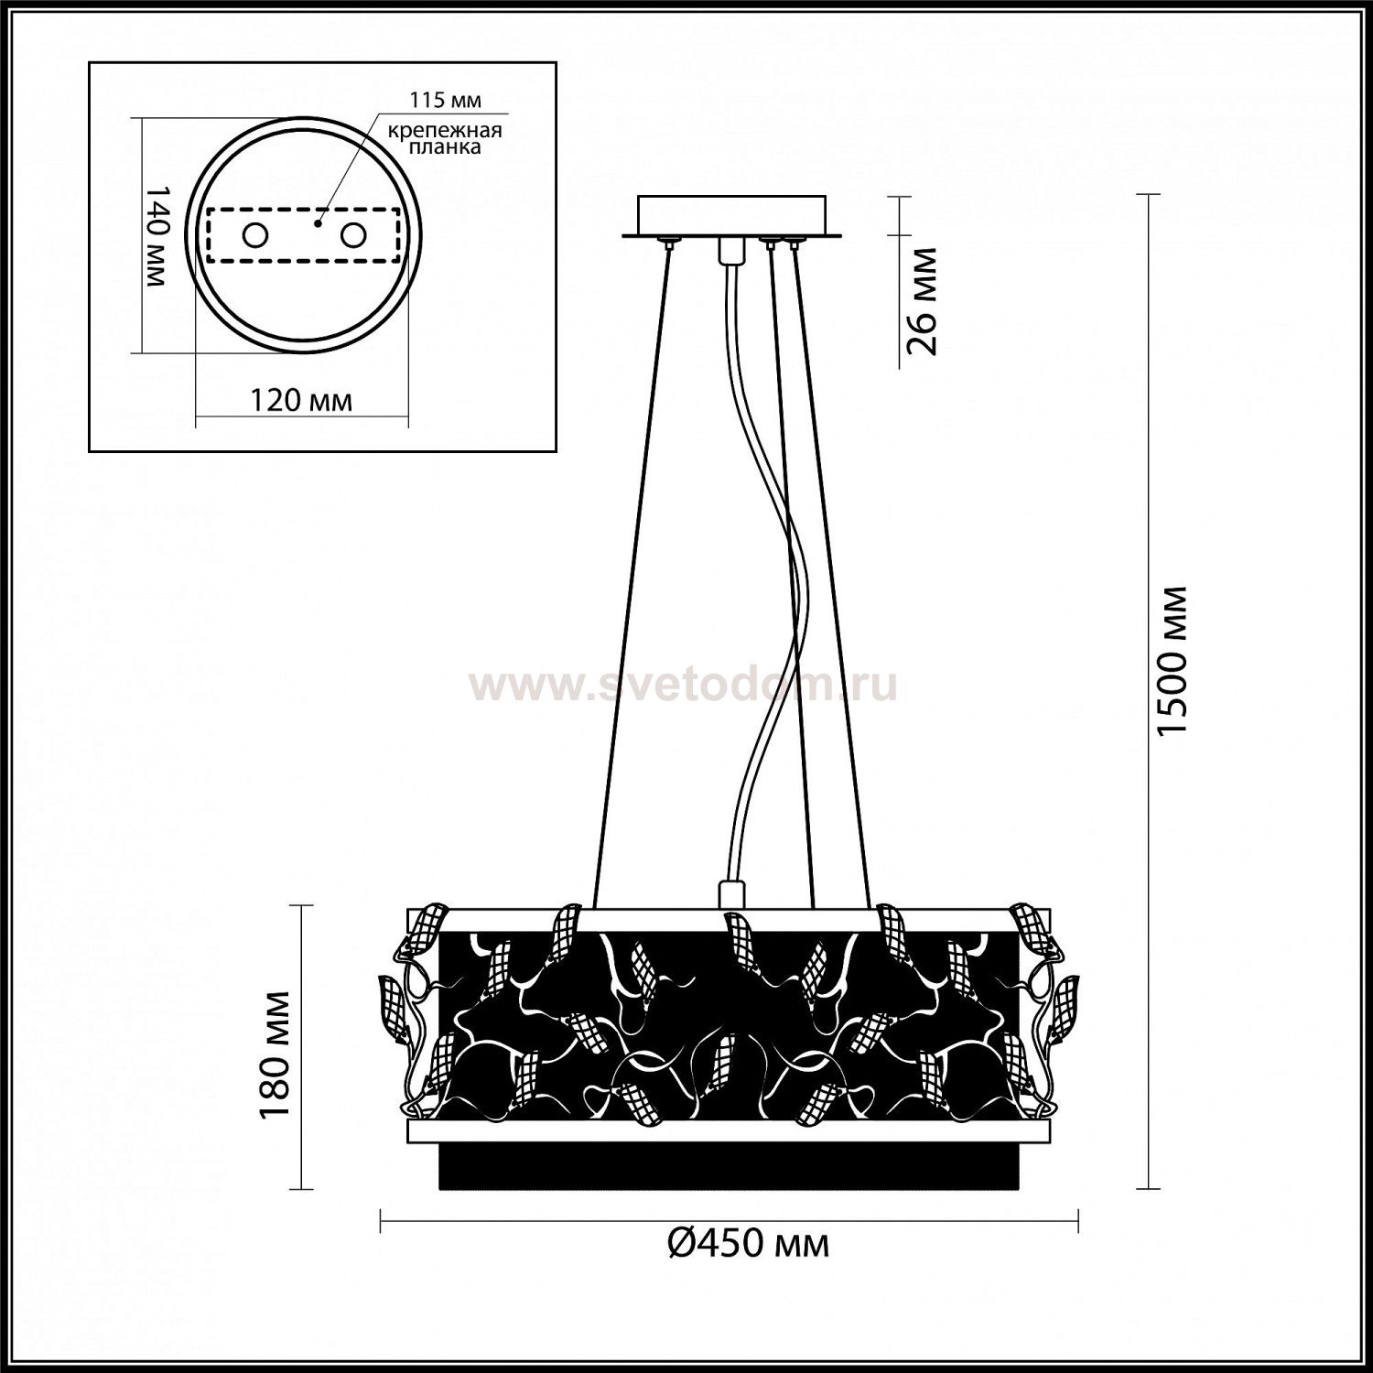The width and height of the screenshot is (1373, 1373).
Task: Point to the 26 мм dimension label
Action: pyautogui.click(x=923, y=299)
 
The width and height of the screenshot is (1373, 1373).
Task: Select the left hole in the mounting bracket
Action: pyautogui.click(x=254, y=235)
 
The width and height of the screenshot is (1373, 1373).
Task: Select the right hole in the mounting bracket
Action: pyautogui.click(x=352, y=235)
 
